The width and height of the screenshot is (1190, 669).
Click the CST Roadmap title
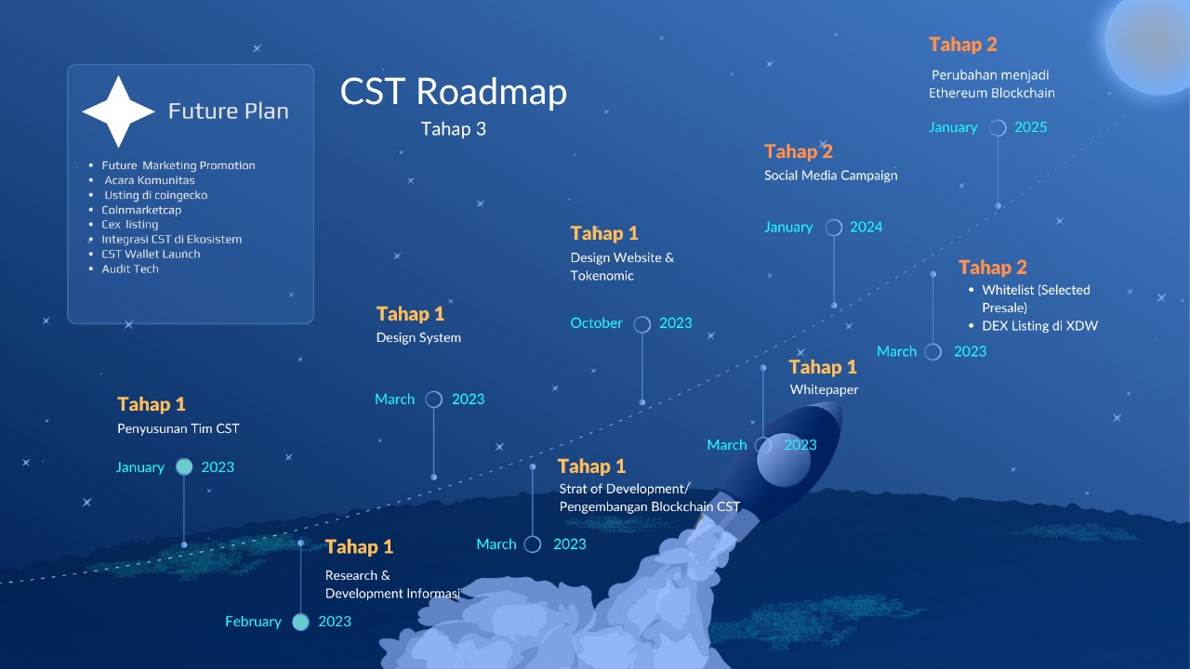click(453, 92)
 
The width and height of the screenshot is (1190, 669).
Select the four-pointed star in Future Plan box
click(118, 111)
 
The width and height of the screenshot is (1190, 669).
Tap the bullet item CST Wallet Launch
click(151, 254)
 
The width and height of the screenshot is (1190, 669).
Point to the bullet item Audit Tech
click(130, 269)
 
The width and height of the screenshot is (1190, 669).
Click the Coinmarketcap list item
click(141, 210)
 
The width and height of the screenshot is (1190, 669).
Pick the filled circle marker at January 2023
click(184, 467)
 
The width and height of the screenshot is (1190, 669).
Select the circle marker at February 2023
click(300, 623)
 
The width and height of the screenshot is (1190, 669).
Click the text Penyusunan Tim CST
click(178, 428)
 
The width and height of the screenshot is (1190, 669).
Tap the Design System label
click(418, 338)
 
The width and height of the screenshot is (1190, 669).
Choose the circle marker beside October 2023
click(641, 324)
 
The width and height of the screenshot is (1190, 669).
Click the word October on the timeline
click(596, 323)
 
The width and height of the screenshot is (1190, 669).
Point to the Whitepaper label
click(824, 390)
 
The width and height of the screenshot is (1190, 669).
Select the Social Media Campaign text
click(830, 176)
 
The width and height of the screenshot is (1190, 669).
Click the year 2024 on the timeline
click(866, 227)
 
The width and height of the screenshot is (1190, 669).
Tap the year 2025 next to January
click(1030, 127)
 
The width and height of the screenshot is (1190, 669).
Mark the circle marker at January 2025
click(998, 128)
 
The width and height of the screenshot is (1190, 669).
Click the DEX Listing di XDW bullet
click(1039, 326)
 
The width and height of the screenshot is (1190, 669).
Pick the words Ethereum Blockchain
click(991, 93)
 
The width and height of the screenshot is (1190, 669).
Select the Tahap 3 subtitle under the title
click(453, 129)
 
